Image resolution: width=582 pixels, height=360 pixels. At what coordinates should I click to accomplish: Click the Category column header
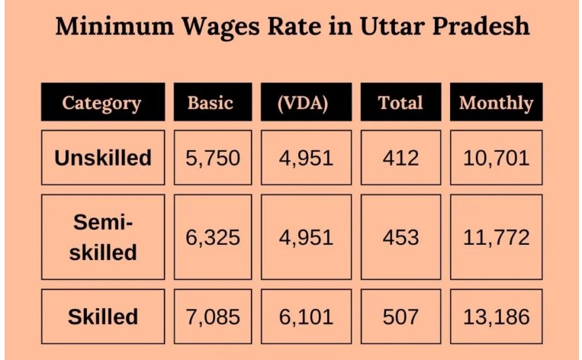pos(102,103)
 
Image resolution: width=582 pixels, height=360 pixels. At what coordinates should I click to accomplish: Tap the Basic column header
pos(211,103)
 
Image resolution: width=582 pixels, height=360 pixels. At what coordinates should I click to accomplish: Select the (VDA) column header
pos(304,103)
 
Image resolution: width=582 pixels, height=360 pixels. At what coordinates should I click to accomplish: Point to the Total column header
pos(400,103)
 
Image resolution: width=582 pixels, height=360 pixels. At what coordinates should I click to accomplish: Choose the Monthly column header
pos(496,103)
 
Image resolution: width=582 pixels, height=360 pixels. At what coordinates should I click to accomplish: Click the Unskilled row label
pos(103,158)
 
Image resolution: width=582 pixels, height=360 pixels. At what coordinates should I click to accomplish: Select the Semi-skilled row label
pos(103,237)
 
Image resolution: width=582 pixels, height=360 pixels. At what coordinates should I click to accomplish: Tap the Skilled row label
pos(103,317)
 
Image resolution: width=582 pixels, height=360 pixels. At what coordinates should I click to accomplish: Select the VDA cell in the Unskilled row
pos(306,158)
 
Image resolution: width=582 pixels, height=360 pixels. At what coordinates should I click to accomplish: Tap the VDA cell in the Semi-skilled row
pos(306,237)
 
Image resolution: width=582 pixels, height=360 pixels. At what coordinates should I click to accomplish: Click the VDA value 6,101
pos(306,317)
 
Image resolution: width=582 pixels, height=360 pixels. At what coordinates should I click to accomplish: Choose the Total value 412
pos(400,158)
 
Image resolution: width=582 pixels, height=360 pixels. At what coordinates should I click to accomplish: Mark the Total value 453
pos(400,237)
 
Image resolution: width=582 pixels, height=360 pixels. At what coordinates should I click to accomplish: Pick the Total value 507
pos(400,317)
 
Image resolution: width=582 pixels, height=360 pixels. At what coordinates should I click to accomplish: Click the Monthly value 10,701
pos(496,158)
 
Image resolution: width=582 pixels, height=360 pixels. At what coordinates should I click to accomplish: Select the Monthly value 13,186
pos(496,317)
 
